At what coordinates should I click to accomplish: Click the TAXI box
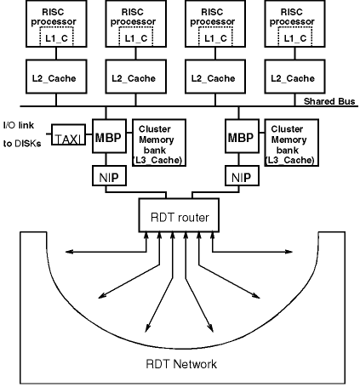68,134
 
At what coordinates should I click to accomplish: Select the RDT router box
179,215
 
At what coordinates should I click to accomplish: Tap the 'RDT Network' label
181,364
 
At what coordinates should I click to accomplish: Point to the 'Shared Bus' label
329,101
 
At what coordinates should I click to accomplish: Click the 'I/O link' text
19,125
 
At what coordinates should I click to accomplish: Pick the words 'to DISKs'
22,144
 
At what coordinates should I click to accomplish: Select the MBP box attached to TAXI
109,136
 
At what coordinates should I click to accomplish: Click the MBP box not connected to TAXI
242,136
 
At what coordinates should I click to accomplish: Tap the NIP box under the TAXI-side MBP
109,176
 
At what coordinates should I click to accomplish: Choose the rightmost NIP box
242,176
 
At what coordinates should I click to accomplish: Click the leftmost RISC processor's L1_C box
56,37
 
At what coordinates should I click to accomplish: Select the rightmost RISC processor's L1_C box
295,37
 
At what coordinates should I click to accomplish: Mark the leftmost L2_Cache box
56,77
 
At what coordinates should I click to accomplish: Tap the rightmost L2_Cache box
294,77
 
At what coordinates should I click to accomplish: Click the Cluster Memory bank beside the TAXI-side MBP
159,143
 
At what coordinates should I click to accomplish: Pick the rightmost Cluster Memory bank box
292,143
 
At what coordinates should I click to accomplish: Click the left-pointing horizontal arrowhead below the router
69,252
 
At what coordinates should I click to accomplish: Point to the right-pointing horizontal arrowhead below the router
289,252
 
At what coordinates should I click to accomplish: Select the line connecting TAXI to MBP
89,134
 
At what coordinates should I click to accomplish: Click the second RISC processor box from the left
136,24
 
